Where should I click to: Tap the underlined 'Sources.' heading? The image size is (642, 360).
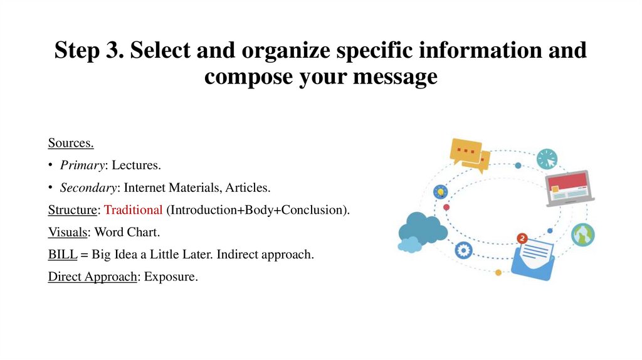pyautogui.click(x=71, y=143)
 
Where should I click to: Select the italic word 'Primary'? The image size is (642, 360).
pyautogui.click(x=82, y=166)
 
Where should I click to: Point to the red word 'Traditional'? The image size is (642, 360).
pyautogui.click(x=134, y=209)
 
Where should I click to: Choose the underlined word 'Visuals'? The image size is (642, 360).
pyautogui.click(x=68, y=232)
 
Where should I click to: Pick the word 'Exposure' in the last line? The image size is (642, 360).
pyautogui.click(x=170, y=276)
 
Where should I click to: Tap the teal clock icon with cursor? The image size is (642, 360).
pyautogui.click(x=547, y=159)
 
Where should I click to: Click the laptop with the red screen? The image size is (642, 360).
pyautogui.click(x=569, y=188)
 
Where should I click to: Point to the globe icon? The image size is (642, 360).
pyautogui.click(x=582, y=235)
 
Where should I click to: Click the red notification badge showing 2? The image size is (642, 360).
pyautogui.click(x=522, y=238)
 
